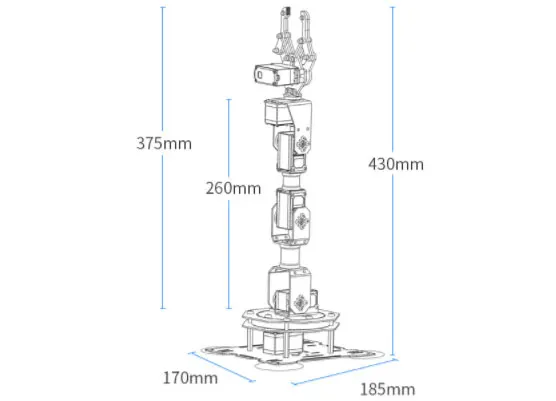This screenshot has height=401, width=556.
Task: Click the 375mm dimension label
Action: pyautogui.click(x=164, y=143)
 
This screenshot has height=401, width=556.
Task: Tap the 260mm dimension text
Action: pyautogui.click(x=233, y=188)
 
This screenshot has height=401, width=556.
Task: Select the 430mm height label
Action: pyautogui.click(x=396, y=164)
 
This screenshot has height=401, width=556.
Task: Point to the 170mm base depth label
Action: pyautogui.click(x=190, y=378)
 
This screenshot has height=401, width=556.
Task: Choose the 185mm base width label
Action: pyautogui.click(x=388, y=389)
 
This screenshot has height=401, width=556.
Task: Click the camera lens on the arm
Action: pyautogui.click(x=260, y=75)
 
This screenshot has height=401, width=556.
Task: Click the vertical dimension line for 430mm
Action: pyautogui.click(x=393, y=181)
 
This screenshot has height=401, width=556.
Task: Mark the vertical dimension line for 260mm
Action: pyautogui.click(x=229, y=204)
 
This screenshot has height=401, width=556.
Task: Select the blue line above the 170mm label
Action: pyautogui.click(x=222, y=367)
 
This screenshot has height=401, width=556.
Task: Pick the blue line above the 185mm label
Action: pyautogui.click(x=345, y=372)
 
